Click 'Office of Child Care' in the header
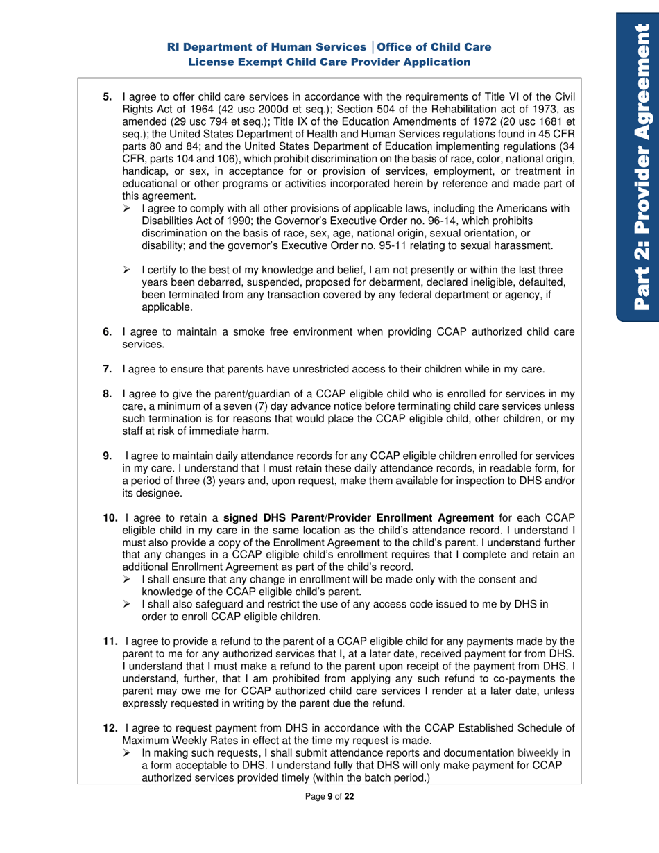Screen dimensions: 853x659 433,47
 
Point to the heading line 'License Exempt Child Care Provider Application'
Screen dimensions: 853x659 330,62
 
